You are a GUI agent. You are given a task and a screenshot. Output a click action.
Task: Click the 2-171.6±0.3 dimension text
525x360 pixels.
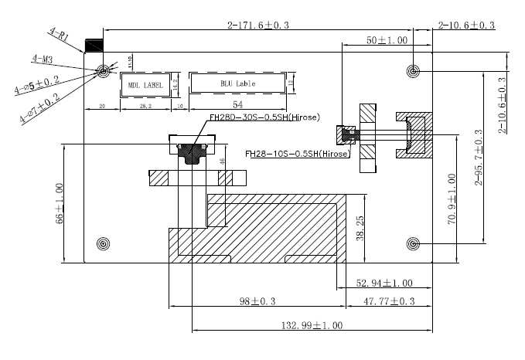258,25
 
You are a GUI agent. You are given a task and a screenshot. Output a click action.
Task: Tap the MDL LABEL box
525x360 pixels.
145,85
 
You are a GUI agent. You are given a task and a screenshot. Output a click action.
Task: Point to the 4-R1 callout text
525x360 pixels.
61,35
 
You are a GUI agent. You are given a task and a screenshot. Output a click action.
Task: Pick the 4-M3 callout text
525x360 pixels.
43,59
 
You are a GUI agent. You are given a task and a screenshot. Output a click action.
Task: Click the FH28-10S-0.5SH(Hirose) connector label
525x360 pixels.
298,154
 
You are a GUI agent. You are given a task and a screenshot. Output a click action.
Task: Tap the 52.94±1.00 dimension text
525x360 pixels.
384,283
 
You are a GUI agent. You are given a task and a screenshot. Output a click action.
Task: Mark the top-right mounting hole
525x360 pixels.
414,72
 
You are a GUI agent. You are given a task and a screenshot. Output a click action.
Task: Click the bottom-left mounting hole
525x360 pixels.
102,245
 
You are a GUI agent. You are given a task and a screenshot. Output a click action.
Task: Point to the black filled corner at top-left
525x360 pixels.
93,46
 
